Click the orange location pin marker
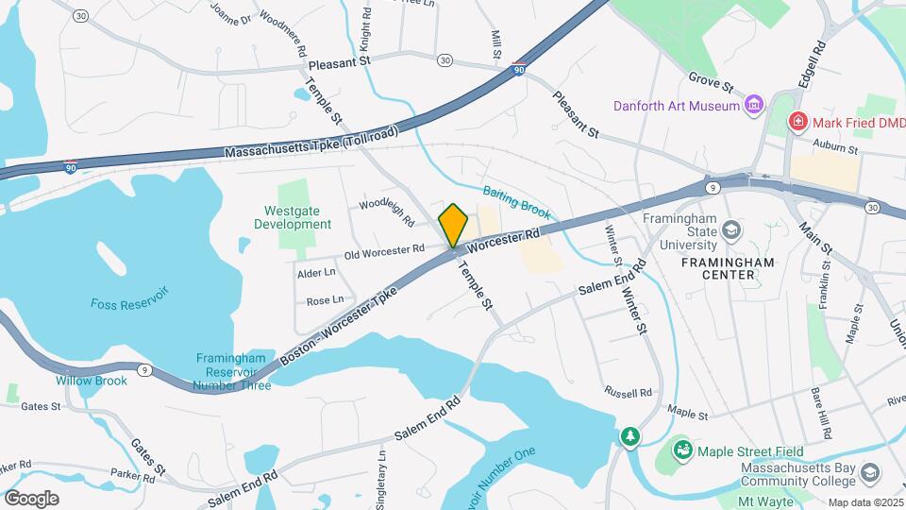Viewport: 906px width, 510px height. pyautogui.click(x=454, y=226)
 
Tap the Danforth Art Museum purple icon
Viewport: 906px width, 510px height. pyautogui.click(x=754, y=105)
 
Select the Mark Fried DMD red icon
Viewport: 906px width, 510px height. pyautogui.click(x=797, y=122)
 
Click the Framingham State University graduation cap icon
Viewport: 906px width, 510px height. pyautogui.click(x=730, y=229)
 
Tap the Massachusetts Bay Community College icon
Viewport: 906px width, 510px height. pyautogui.click(x=869, y=470)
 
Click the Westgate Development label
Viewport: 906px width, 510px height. pyautogui.click(x=293, y=217)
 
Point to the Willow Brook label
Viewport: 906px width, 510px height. pyautogui.click(x=91, y=381)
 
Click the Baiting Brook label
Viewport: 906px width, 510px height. pyautogui.click(x=516, y=201)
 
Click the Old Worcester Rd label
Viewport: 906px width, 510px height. pyautogui.click(x=384, y=250)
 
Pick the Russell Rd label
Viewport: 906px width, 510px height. pyautogui.click(x=629, y=391)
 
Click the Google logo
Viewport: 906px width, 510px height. pyautogui.click(x=31, y=498)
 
